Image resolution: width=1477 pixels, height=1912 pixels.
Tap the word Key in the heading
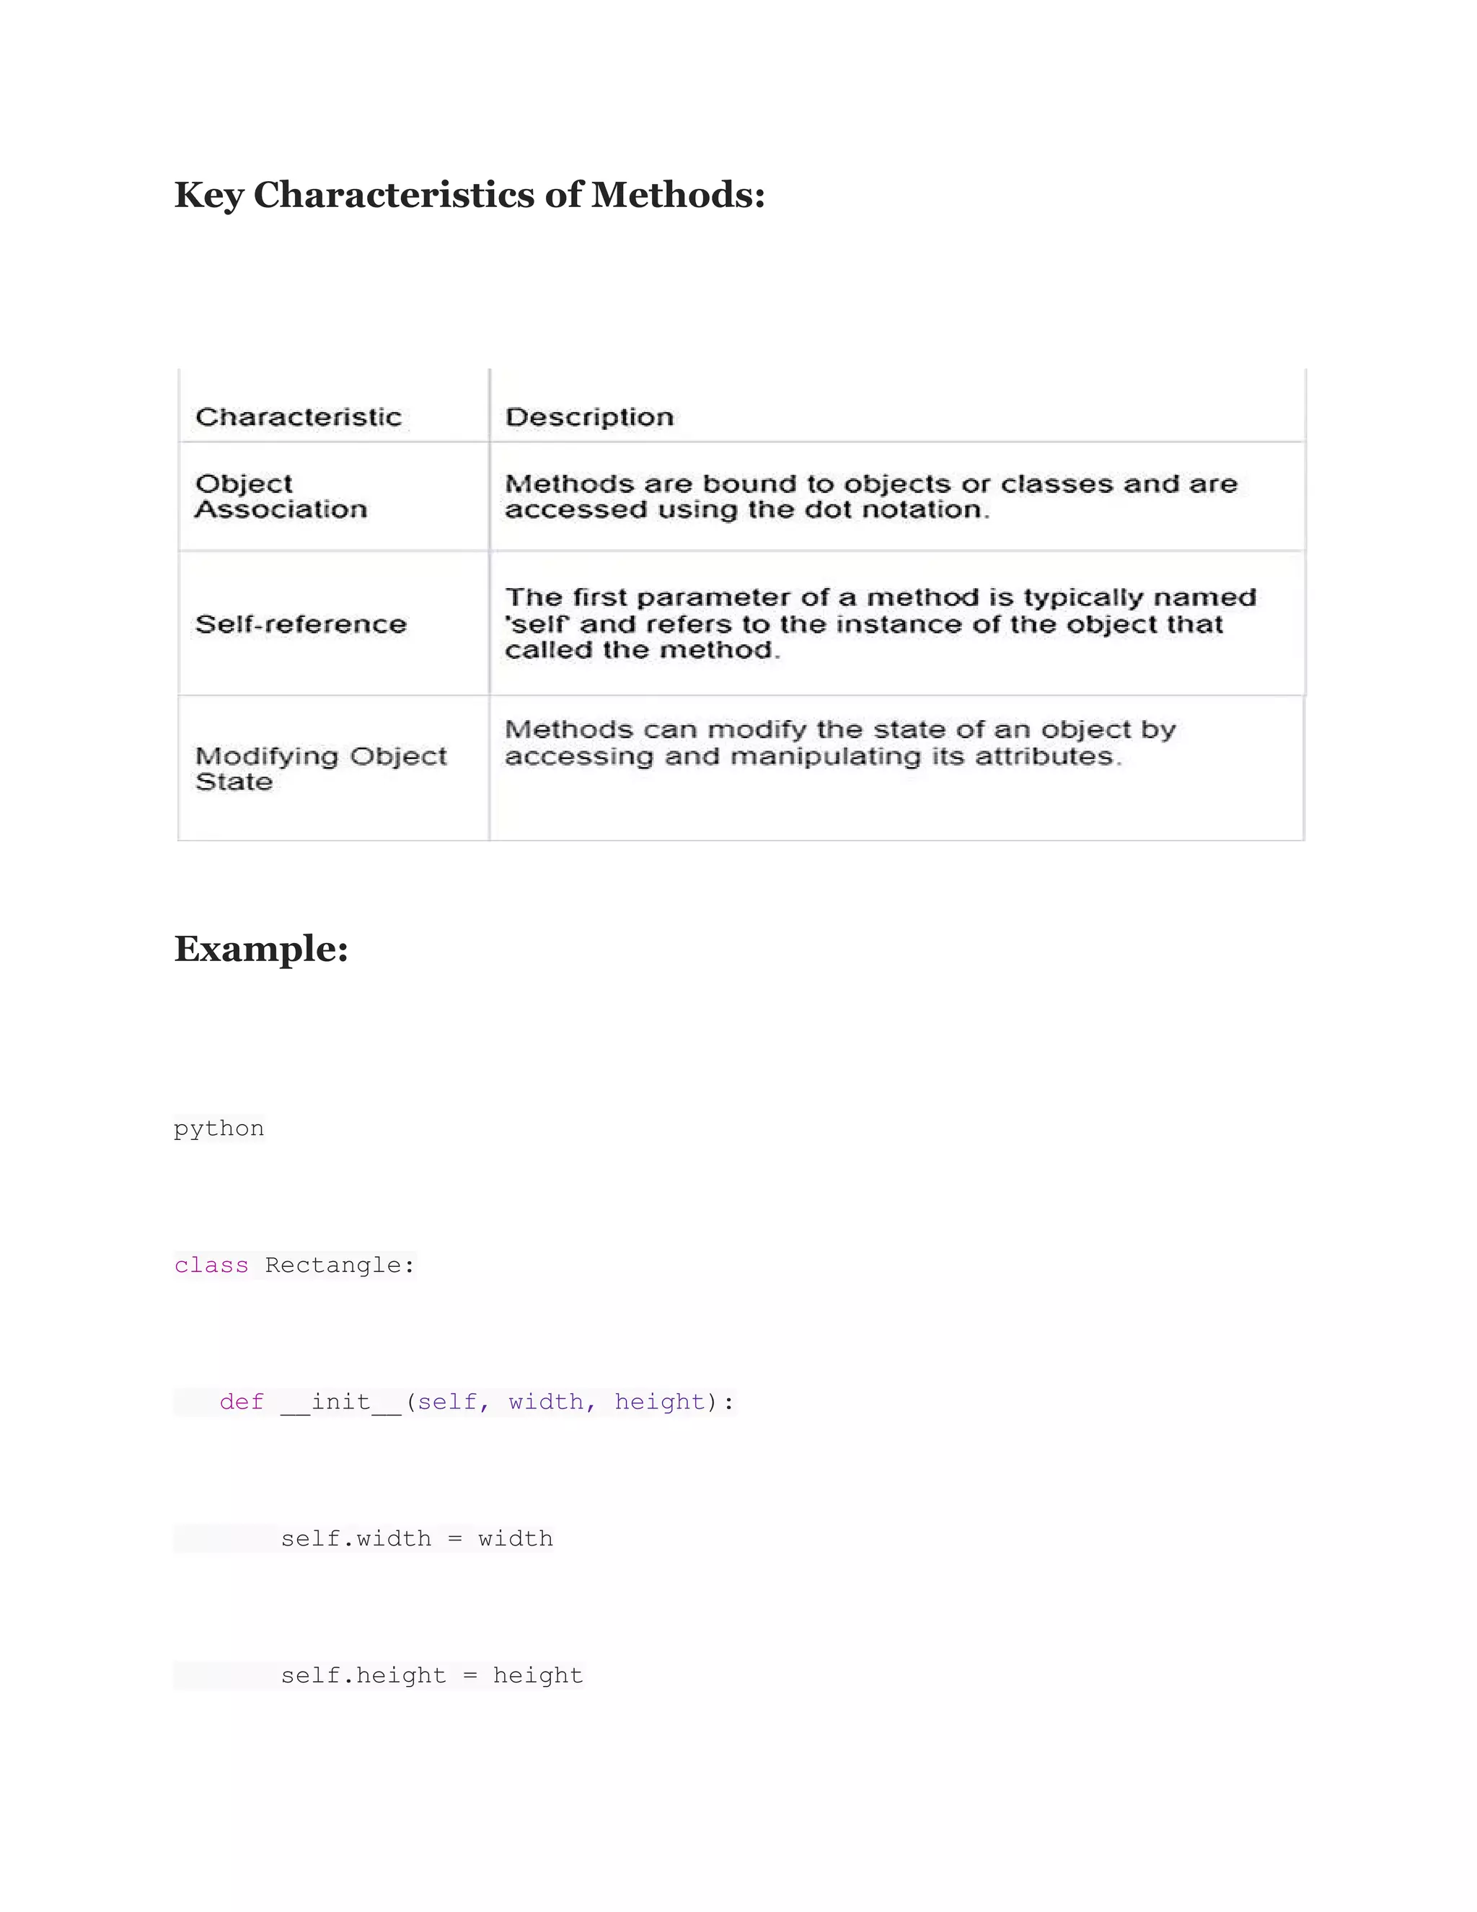point(208,196)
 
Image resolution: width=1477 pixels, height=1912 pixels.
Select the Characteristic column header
point(299,417)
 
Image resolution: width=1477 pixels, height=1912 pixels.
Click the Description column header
point(590,417)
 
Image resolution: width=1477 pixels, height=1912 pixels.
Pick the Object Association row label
point(281,496)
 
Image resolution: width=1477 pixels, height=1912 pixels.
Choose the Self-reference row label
point(301,624)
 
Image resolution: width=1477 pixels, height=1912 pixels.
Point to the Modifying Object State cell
point(320,768)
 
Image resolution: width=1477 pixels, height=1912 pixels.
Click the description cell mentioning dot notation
point(870,496)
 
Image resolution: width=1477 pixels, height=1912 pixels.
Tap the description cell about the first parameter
point(879,623)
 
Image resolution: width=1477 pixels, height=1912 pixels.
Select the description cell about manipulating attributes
point(840,743)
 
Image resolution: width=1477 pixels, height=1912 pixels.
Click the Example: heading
point(262,949)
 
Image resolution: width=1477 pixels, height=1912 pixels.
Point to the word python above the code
point(219,1128)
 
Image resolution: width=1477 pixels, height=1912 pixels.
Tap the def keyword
point(242,1402)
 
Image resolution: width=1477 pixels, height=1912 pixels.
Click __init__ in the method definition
point(341,1402)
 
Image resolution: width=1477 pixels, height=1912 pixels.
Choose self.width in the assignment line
point(356,1538)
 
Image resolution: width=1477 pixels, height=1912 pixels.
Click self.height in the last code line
point(363,1675)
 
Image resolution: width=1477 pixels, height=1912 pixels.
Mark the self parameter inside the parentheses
point(447,1402)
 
